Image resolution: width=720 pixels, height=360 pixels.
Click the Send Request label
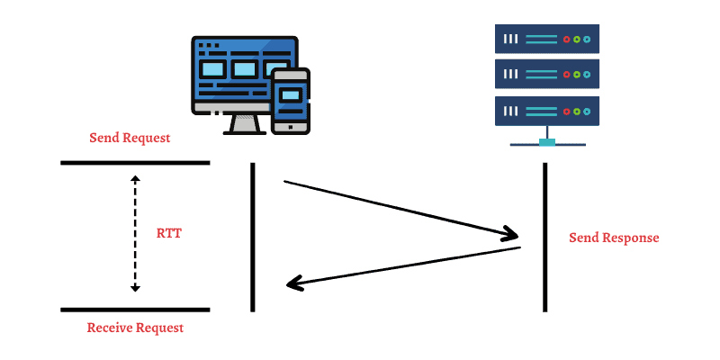tap(130, 139)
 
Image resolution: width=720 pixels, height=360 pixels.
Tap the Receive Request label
tap(135, 328)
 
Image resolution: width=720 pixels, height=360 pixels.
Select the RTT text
tap(169, 232)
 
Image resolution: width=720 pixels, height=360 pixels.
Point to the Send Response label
tap(614, 238)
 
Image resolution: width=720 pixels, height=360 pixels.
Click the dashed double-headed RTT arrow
tap(135, 233)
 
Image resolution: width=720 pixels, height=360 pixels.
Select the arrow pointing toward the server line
tap(401, 210)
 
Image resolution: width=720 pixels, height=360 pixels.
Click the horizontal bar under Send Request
tap(135, 163)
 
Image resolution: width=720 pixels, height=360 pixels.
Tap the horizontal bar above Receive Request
tap(135, 310)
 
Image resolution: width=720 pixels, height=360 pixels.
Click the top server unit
tap(546, 40)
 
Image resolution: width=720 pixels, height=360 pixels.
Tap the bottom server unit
tap(546, 111)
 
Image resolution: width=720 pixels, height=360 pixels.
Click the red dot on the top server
tap(566, 40)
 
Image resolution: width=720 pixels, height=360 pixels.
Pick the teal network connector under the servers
tap(546, 141)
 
